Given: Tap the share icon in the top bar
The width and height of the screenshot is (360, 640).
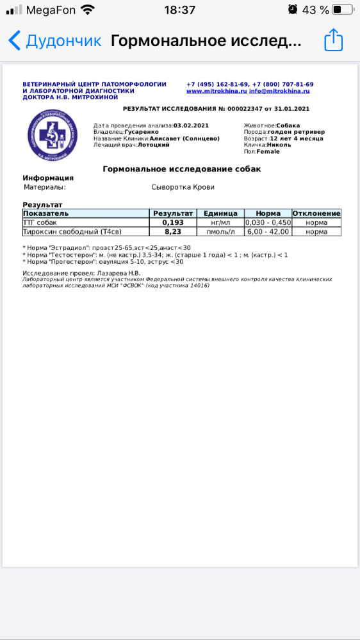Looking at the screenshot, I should point(334,40).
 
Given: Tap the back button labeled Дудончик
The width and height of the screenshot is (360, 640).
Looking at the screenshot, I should point(55,41).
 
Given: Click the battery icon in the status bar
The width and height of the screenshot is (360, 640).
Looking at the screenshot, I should point(343,10).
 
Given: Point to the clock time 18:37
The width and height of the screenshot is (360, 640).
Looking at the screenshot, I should point(180,10).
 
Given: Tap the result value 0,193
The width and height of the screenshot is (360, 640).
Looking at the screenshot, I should point(173,222).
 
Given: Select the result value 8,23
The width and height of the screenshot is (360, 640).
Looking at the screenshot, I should point(173,231).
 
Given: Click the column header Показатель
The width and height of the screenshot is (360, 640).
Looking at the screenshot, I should point(46,213).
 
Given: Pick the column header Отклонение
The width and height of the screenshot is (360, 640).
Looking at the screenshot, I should point(316,213).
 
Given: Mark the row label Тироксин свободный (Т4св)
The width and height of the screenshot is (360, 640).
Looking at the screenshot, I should point(72,231).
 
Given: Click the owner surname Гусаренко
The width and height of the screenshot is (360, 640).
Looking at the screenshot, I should point(142,132).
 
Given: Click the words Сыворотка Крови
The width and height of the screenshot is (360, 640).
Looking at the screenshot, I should point(183,187).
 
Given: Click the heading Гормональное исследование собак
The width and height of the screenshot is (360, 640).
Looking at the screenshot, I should point(182,168).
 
